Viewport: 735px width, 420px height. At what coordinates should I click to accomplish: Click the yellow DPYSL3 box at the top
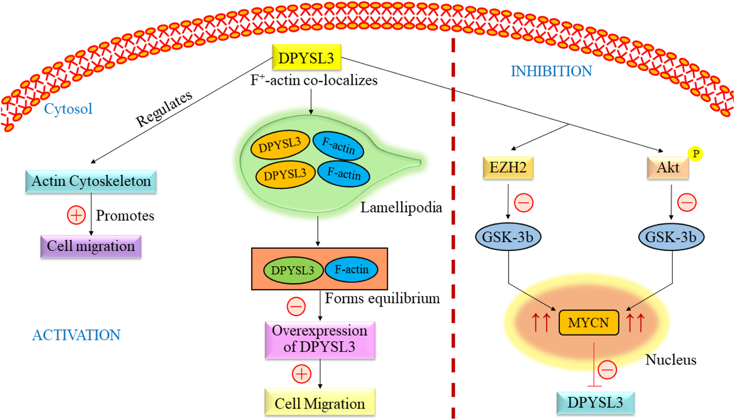306,58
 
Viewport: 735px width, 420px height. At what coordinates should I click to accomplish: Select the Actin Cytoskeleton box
91,181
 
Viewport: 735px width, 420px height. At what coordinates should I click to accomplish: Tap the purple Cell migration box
91,246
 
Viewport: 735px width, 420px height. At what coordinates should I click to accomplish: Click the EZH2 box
508,167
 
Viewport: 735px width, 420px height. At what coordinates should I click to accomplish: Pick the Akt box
668,168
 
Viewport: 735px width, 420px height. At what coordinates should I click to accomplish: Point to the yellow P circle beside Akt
695,154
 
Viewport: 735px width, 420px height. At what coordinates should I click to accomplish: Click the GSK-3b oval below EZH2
508,237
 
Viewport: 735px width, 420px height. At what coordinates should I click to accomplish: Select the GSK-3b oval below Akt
671,237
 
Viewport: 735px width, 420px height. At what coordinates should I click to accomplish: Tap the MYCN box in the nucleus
589,323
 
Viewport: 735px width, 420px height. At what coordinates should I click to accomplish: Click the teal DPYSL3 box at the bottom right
595,403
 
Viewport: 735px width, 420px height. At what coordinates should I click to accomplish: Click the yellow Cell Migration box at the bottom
320,403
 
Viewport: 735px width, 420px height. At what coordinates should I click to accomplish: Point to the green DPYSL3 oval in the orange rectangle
293,270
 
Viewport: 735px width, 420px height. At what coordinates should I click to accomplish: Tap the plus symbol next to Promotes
76,215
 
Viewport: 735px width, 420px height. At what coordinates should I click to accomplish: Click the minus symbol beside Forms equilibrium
296,306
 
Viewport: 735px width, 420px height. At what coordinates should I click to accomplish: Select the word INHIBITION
551,71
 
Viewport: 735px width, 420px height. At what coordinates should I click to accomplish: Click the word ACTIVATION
76,335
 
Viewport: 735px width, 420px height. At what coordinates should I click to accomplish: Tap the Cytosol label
68,109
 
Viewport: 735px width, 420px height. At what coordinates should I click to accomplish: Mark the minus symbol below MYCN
607,370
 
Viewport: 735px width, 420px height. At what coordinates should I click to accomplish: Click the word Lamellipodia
401,207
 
